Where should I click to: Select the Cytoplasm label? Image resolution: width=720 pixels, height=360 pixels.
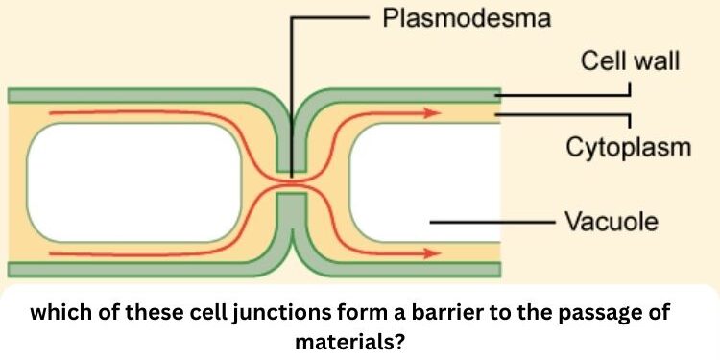click(x=627, y=148)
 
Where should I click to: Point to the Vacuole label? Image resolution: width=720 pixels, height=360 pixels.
click(x=611, y=222)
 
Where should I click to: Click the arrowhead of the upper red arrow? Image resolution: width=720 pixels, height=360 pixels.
click(x=433, y=112)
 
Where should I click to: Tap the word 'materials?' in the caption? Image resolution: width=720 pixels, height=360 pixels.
click(x=360, y=338)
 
